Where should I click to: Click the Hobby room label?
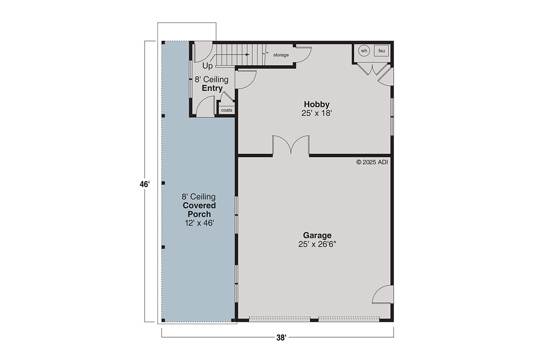[316, 104]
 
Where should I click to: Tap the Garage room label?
[317, 235]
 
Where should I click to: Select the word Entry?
[212, 89]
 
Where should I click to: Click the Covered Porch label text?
[199, 210]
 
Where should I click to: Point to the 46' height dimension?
[145, 184]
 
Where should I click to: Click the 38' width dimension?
[281, 338]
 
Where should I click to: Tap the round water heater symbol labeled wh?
[364, 51]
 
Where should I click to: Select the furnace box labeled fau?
[381, 51]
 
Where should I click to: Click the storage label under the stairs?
[281, 55]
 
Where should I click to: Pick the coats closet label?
[227, 110]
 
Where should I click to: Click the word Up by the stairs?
[208, 66]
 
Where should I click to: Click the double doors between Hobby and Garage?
[291, 146]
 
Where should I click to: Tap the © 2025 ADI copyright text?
[372, 162]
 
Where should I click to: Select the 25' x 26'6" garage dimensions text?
[317, 244]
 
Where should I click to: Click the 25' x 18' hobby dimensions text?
[316, 113]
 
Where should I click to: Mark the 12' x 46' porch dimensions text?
[199, 223]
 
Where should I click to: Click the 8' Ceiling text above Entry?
[211, 79]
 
